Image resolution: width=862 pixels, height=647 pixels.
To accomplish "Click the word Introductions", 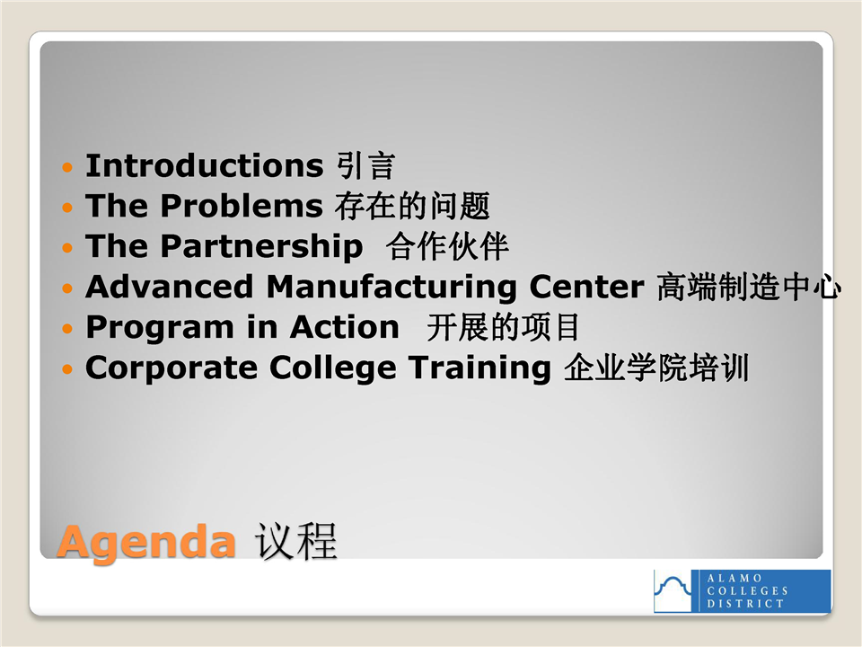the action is [205, 165].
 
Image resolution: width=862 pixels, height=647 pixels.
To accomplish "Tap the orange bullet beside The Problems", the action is [67, 208].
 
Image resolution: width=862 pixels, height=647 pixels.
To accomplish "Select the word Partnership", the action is [261, 247].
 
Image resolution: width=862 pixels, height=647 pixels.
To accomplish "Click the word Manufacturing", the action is [391, 288].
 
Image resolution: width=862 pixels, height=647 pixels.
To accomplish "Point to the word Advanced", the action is [170, 287].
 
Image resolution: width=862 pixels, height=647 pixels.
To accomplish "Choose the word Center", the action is [586, 287].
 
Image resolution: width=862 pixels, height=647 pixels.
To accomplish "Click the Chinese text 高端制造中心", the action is [749, 287].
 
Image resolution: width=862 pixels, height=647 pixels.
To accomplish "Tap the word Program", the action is [160, 329].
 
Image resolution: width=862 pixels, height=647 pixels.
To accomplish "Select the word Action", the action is [344, 327].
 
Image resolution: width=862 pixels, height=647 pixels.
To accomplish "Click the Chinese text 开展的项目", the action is [503, 327].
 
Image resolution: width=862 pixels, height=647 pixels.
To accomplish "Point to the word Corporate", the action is [172, 368].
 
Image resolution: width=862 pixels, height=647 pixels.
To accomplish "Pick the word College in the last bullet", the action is [332, 368].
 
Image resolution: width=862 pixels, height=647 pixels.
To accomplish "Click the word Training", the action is [479, 368].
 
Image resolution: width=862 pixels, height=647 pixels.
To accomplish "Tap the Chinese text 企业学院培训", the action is [656, 368].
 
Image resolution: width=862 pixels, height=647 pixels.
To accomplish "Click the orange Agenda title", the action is [146, 543].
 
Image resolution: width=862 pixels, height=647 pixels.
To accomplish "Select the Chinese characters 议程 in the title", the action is [295, 541].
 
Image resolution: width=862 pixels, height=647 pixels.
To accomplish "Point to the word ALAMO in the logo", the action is [734, 578].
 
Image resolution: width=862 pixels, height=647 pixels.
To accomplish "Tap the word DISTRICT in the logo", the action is [745, 604].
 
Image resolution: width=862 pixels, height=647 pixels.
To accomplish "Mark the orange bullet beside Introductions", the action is [67, 167].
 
